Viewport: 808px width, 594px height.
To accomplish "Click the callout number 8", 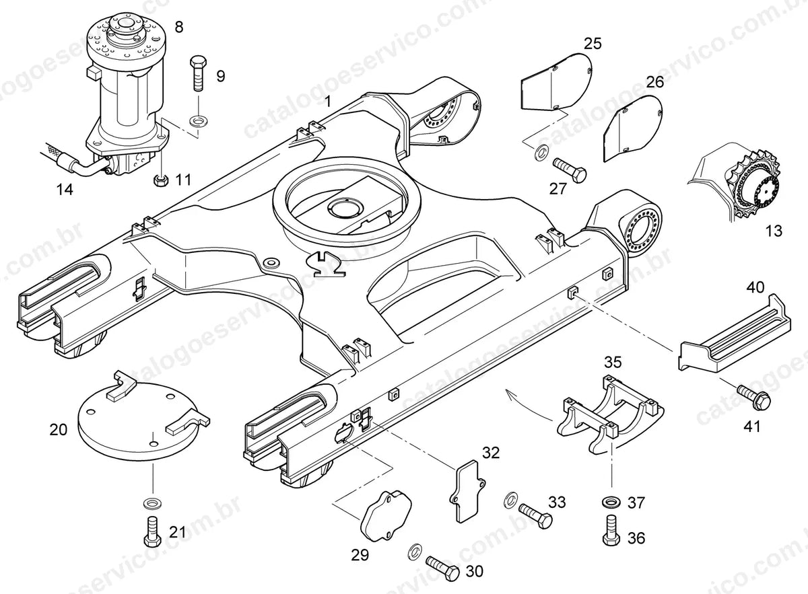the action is pyautogui.click(x=178, y=27).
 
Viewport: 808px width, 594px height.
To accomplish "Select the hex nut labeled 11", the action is pyautogui.click(x=160, y=180).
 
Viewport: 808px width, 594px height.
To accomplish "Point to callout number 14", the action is pyautogui.click(x=65, y=189).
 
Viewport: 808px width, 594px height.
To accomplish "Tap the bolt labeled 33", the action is pyautogui.click(x=536, y=516).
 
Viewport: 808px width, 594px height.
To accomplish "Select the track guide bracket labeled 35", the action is pyautogui.click(x=609, y=414).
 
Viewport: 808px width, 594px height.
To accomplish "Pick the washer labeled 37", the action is pyautogui.click(x=611, y=501).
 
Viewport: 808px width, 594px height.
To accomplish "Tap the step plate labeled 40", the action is pyautogui.click(x=734, y=337).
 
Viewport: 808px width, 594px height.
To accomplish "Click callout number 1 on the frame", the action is pyautogui.click(x=327, y=102).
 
